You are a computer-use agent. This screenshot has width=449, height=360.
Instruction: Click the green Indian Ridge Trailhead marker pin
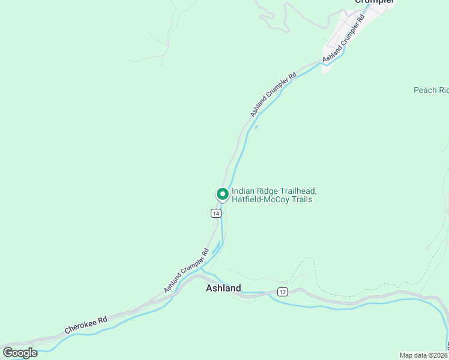point(222,194)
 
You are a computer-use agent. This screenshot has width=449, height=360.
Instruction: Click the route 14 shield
point(216,213)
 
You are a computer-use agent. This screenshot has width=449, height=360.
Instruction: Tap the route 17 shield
point(283,292)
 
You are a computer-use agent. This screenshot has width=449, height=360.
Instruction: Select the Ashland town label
point(223,288)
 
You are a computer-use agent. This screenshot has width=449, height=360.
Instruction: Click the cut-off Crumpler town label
point(374,2)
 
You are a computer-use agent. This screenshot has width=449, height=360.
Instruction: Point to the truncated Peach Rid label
point(430,90)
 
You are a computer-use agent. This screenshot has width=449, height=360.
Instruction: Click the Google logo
point(20,353)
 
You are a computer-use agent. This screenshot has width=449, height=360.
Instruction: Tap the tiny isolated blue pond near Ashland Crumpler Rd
point(256,127)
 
